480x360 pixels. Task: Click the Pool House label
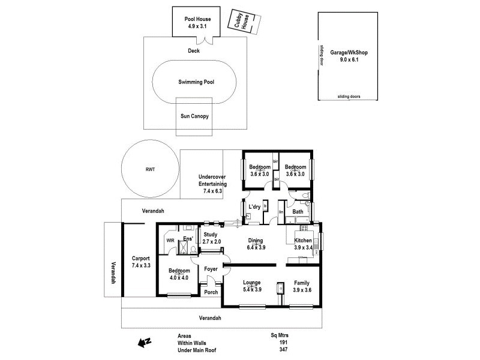point(197,19)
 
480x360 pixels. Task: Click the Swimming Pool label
point(196,82)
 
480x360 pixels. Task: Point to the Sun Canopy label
point(194,116)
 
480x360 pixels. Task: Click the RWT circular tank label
point(150,170)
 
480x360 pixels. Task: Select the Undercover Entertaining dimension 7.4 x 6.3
point(212,191)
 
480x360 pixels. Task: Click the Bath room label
point(298,211)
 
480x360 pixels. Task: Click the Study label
point(210,235)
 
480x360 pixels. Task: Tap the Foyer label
point(211,269)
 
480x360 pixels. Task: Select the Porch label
point(211,293)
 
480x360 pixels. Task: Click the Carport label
point(141,259)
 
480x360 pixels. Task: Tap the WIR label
point(170,241)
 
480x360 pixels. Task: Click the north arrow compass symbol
point(144,343)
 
